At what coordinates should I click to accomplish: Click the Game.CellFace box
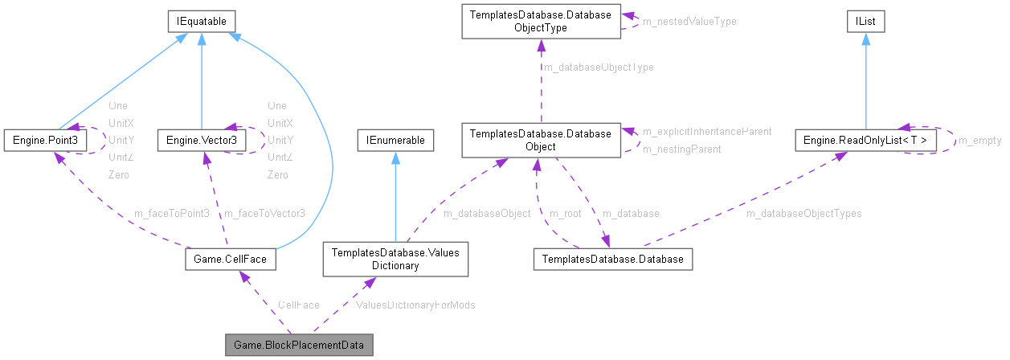pos(231,260)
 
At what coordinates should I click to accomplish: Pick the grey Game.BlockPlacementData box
pos(299,346)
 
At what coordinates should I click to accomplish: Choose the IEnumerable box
pos(395,141)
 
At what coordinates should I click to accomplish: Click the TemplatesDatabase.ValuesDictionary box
pos(395,259)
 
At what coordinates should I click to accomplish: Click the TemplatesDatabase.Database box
pos(612,260)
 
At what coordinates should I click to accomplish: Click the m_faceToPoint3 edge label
pos(173,213)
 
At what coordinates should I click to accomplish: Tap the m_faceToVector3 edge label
pos(264,213)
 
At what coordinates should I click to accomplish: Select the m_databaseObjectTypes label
pos(804,213)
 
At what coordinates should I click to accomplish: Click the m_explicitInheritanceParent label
pos(707,131)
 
